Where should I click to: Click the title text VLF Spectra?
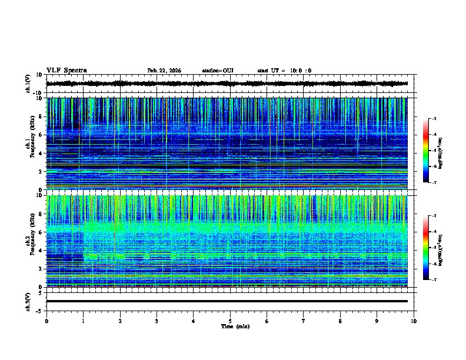click(66, 71)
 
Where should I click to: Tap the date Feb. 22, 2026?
click(164, 71)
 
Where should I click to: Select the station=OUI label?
click(218, 71)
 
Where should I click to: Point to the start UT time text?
click(284, 71)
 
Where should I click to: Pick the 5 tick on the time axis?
click(230, 321)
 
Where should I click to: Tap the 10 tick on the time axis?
click(414, 321)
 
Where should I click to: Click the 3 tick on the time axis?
click(157, 321)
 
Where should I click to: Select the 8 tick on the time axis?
click(340, 321)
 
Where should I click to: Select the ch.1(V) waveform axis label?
click(28, 84)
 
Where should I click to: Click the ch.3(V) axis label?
click(28, 301)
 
